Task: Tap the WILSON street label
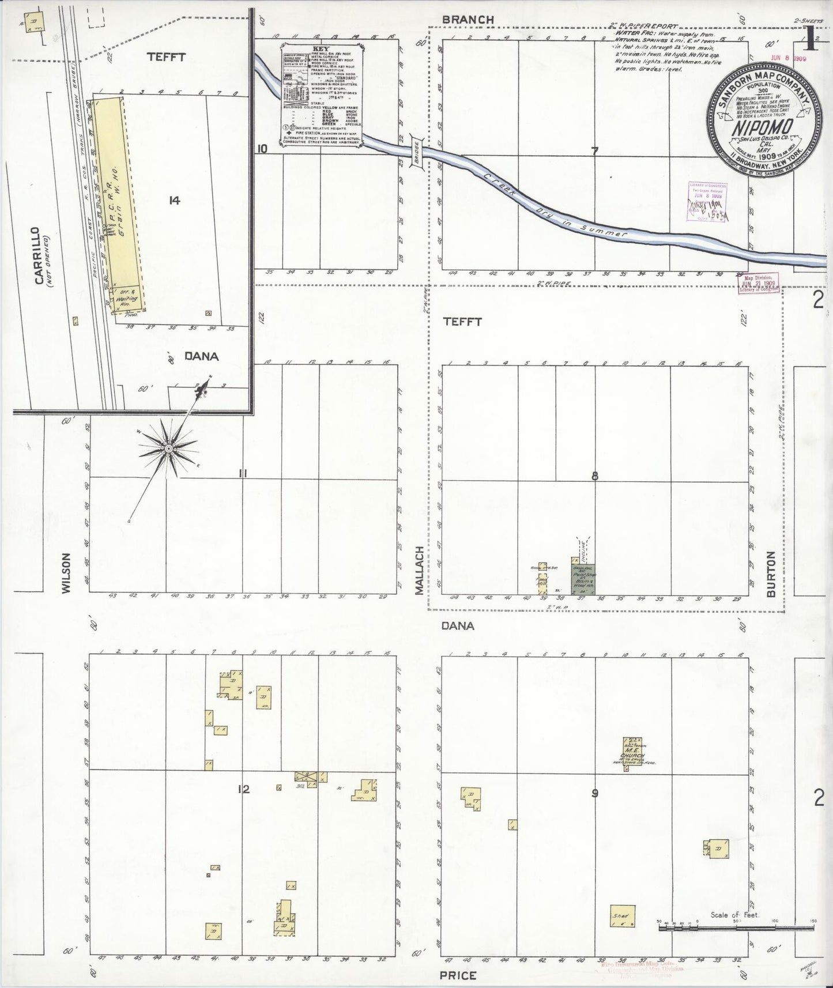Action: pos(66,573)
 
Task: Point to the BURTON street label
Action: pos(771,573)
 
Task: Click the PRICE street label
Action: pos(458,975)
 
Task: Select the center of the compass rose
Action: pos(168,448)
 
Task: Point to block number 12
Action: pos(244,789)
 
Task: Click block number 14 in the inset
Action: pos(174,200)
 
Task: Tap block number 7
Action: pos(594,151)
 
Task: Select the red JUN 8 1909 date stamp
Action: pos(789,58)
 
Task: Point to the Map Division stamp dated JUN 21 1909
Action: pos(757,283)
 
